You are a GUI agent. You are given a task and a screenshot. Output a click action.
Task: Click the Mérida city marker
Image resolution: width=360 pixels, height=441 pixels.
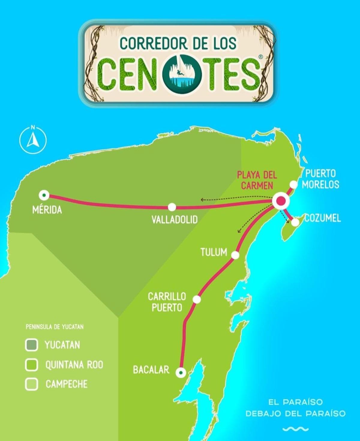pyautogui.click(x=44, y=195)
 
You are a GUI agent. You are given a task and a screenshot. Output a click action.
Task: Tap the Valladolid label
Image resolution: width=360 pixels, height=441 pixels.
pyautogui.click(x=175, y=220)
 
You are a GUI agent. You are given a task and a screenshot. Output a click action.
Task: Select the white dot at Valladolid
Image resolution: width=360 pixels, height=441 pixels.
pyautogui.click(x=172, y=207)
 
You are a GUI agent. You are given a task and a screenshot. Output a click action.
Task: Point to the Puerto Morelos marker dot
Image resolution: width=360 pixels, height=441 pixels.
pyautogui.click(x=293, y=184)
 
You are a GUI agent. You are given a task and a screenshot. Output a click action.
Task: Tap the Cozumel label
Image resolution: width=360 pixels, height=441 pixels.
pyautogui.click(x=323, y=218)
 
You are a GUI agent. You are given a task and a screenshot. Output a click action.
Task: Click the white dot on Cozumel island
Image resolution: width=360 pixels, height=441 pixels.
pyautogui.click(x=295, y=222)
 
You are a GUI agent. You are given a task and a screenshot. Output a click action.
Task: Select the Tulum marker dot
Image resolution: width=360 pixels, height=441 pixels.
pyautogui.click(x=235, y=255)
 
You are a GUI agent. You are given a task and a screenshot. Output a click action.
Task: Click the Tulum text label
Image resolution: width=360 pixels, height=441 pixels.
pyautogui.click(x=214, y=252)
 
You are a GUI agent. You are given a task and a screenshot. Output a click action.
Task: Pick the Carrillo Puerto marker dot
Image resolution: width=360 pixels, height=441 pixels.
pyautogui.click(x=197, y=299)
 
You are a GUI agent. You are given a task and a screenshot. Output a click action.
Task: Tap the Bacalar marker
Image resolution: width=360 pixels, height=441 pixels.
pyautogui.click(x=181, y=373)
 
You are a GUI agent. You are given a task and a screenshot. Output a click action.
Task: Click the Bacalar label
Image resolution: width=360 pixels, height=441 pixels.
pyautogui.click(x=151, y=370)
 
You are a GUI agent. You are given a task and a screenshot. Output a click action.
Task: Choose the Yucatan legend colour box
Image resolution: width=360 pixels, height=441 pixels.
pyautogui.click(x=31, y=345)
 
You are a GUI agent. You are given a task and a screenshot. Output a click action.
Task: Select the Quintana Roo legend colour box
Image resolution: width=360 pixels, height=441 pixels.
pyautogui.click(x=31, y=365)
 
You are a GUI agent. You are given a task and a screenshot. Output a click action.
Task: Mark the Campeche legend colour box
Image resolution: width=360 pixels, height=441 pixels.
pyautogui.click(x=31, y=384)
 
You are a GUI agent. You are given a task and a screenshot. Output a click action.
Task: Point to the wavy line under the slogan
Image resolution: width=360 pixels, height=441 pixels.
pyautogui.click(x=295, y=429)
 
